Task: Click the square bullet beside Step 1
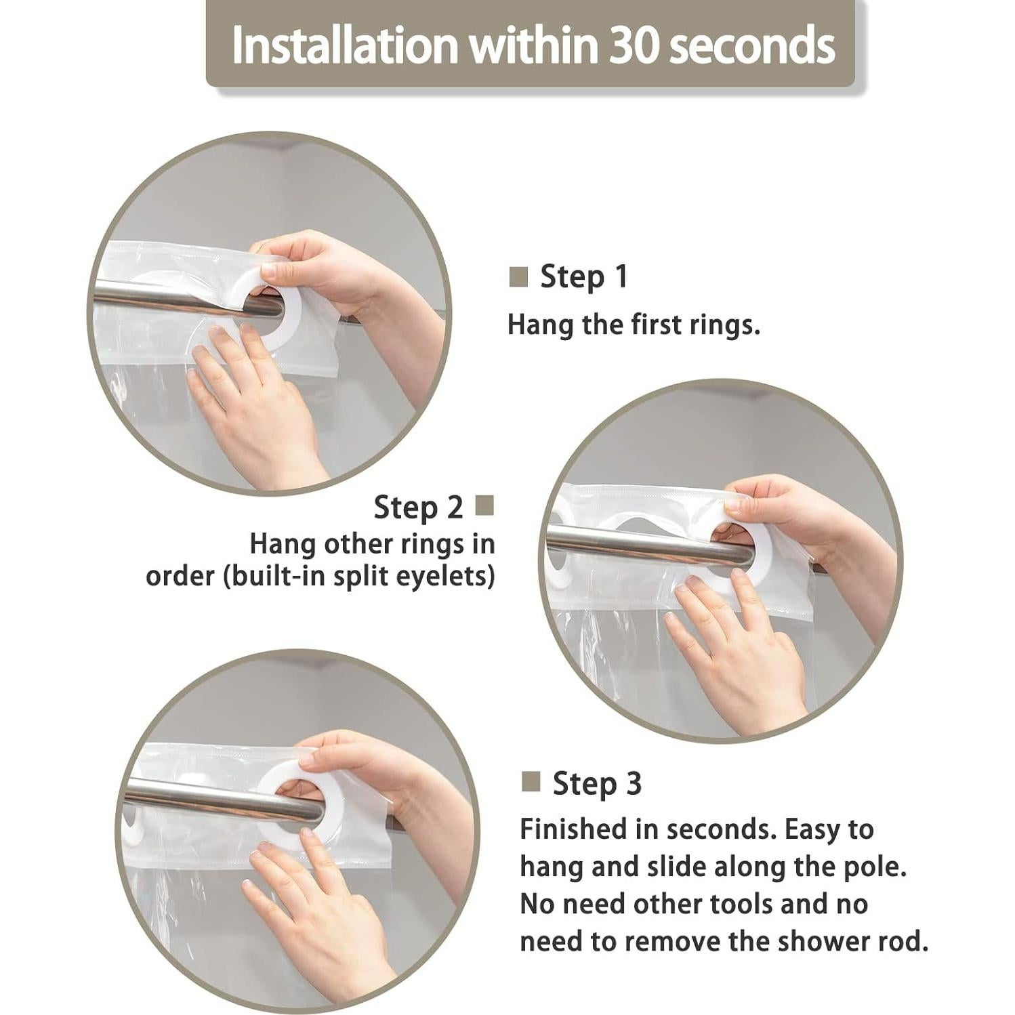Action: point(518,276)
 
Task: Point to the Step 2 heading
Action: point(418,507)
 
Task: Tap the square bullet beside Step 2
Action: point(484,505)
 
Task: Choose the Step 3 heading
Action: point(597,783)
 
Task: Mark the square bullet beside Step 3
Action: point(531,781)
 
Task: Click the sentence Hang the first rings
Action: point(634,325)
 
